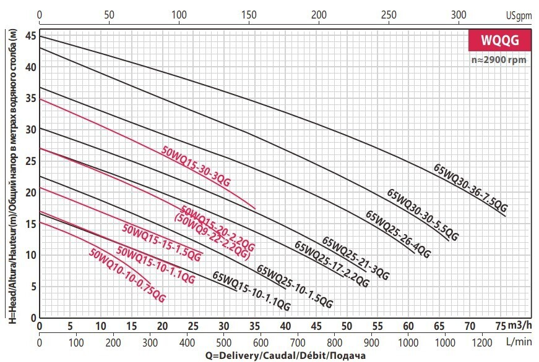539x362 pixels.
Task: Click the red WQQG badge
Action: click(499, 41)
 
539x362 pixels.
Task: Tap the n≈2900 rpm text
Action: click(500, 60)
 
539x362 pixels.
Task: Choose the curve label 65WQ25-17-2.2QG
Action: click(332, 264)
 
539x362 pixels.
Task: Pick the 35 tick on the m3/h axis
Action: click(254, 326)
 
